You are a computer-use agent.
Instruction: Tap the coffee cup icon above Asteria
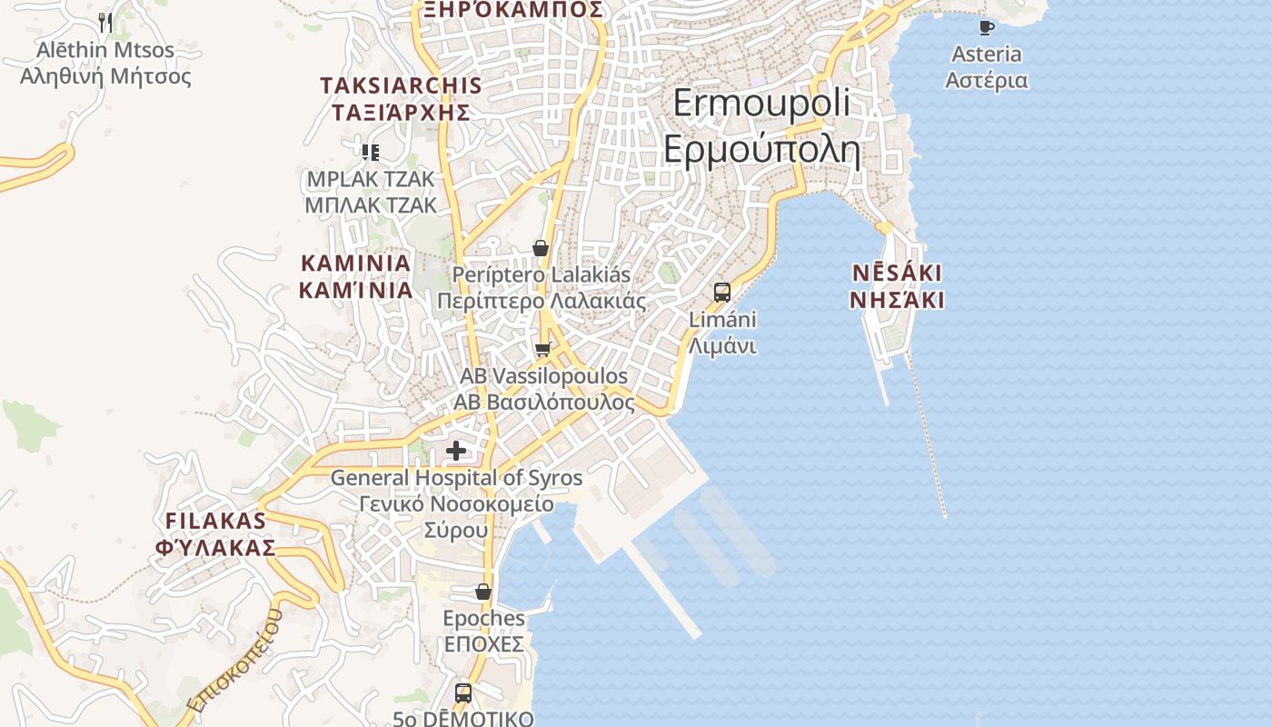tap(986, 28)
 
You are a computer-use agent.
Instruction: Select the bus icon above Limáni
tap(722, 293)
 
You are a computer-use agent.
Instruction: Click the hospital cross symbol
tap(456, 450)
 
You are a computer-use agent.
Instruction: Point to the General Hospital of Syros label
tap(456, 503)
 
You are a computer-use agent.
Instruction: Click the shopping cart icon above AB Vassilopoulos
tap(543, 350)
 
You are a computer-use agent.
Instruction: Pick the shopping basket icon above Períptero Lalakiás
tap(541, 248)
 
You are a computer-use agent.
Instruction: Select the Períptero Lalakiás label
tap(542, 287)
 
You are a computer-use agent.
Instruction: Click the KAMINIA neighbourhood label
tap(355, 276)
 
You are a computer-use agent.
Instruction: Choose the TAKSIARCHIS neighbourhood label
tap(401, 99)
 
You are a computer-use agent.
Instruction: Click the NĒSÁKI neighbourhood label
tap(897, 286)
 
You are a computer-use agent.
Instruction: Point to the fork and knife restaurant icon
tap(105, 23)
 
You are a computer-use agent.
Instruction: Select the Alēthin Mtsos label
tap(105, 63)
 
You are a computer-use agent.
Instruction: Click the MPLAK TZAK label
tap(371, 192)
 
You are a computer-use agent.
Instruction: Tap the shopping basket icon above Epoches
tap(483, 593)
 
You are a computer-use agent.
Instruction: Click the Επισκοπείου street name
tap(234, 662)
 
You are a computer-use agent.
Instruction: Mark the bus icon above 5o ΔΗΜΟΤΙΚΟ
tap(463, 693)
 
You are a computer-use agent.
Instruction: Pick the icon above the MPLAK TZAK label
tap(370, 152)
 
